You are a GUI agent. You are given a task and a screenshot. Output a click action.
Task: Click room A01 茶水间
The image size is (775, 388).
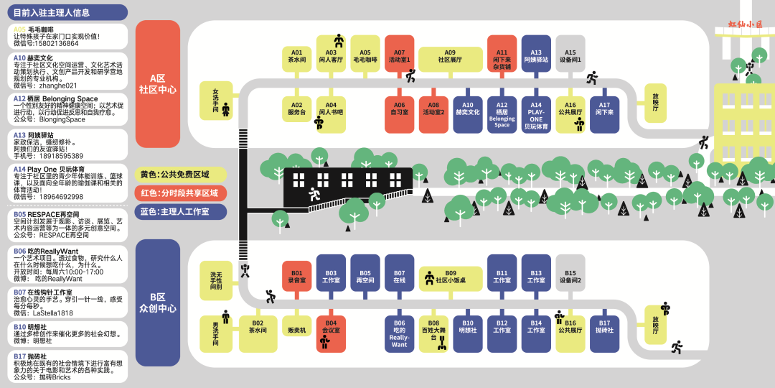tap(296, 54)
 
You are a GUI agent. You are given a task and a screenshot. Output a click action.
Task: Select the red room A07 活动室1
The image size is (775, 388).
tap(399, 54)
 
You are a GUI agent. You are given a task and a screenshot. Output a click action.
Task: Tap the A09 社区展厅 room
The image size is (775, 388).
tap(450, 54)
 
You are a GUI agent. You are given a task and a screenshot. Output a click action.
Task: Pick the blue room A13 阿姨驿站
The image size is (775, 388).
tap(536, 54)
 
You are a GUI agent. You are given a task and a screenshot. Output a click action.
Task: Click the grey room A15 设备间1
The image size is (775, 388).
tap(570, 54)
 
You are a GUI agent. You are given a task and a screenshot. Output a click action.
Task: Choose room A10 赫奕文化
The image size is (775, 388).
tap(467, 114)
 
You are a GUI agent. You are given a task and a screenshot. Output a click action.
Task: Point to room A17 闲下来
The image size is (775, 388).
tap(604, 114)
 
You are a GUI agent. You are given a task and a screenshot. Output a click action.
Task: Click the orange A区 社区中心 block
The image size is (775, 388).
tap(158, 83)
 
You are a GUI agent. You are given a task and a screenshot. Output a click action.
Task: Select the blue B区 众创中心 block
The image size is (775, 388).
tap(158, 302)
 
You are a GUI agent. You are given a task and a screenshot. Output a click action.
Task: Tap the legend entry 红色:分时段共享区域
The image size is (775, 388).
tap(180, 193)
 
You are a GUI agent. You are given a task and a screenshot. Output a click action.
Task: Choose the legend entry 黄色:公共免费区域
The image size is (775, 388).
tap(180, 175)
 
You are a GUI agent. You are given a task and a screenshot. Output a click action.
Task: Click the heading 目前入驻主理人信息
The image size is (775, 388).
tap(67, 11)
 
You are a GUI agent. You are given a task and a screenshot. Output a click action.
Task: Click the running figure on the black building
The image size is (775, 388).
tap(314, 193)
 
